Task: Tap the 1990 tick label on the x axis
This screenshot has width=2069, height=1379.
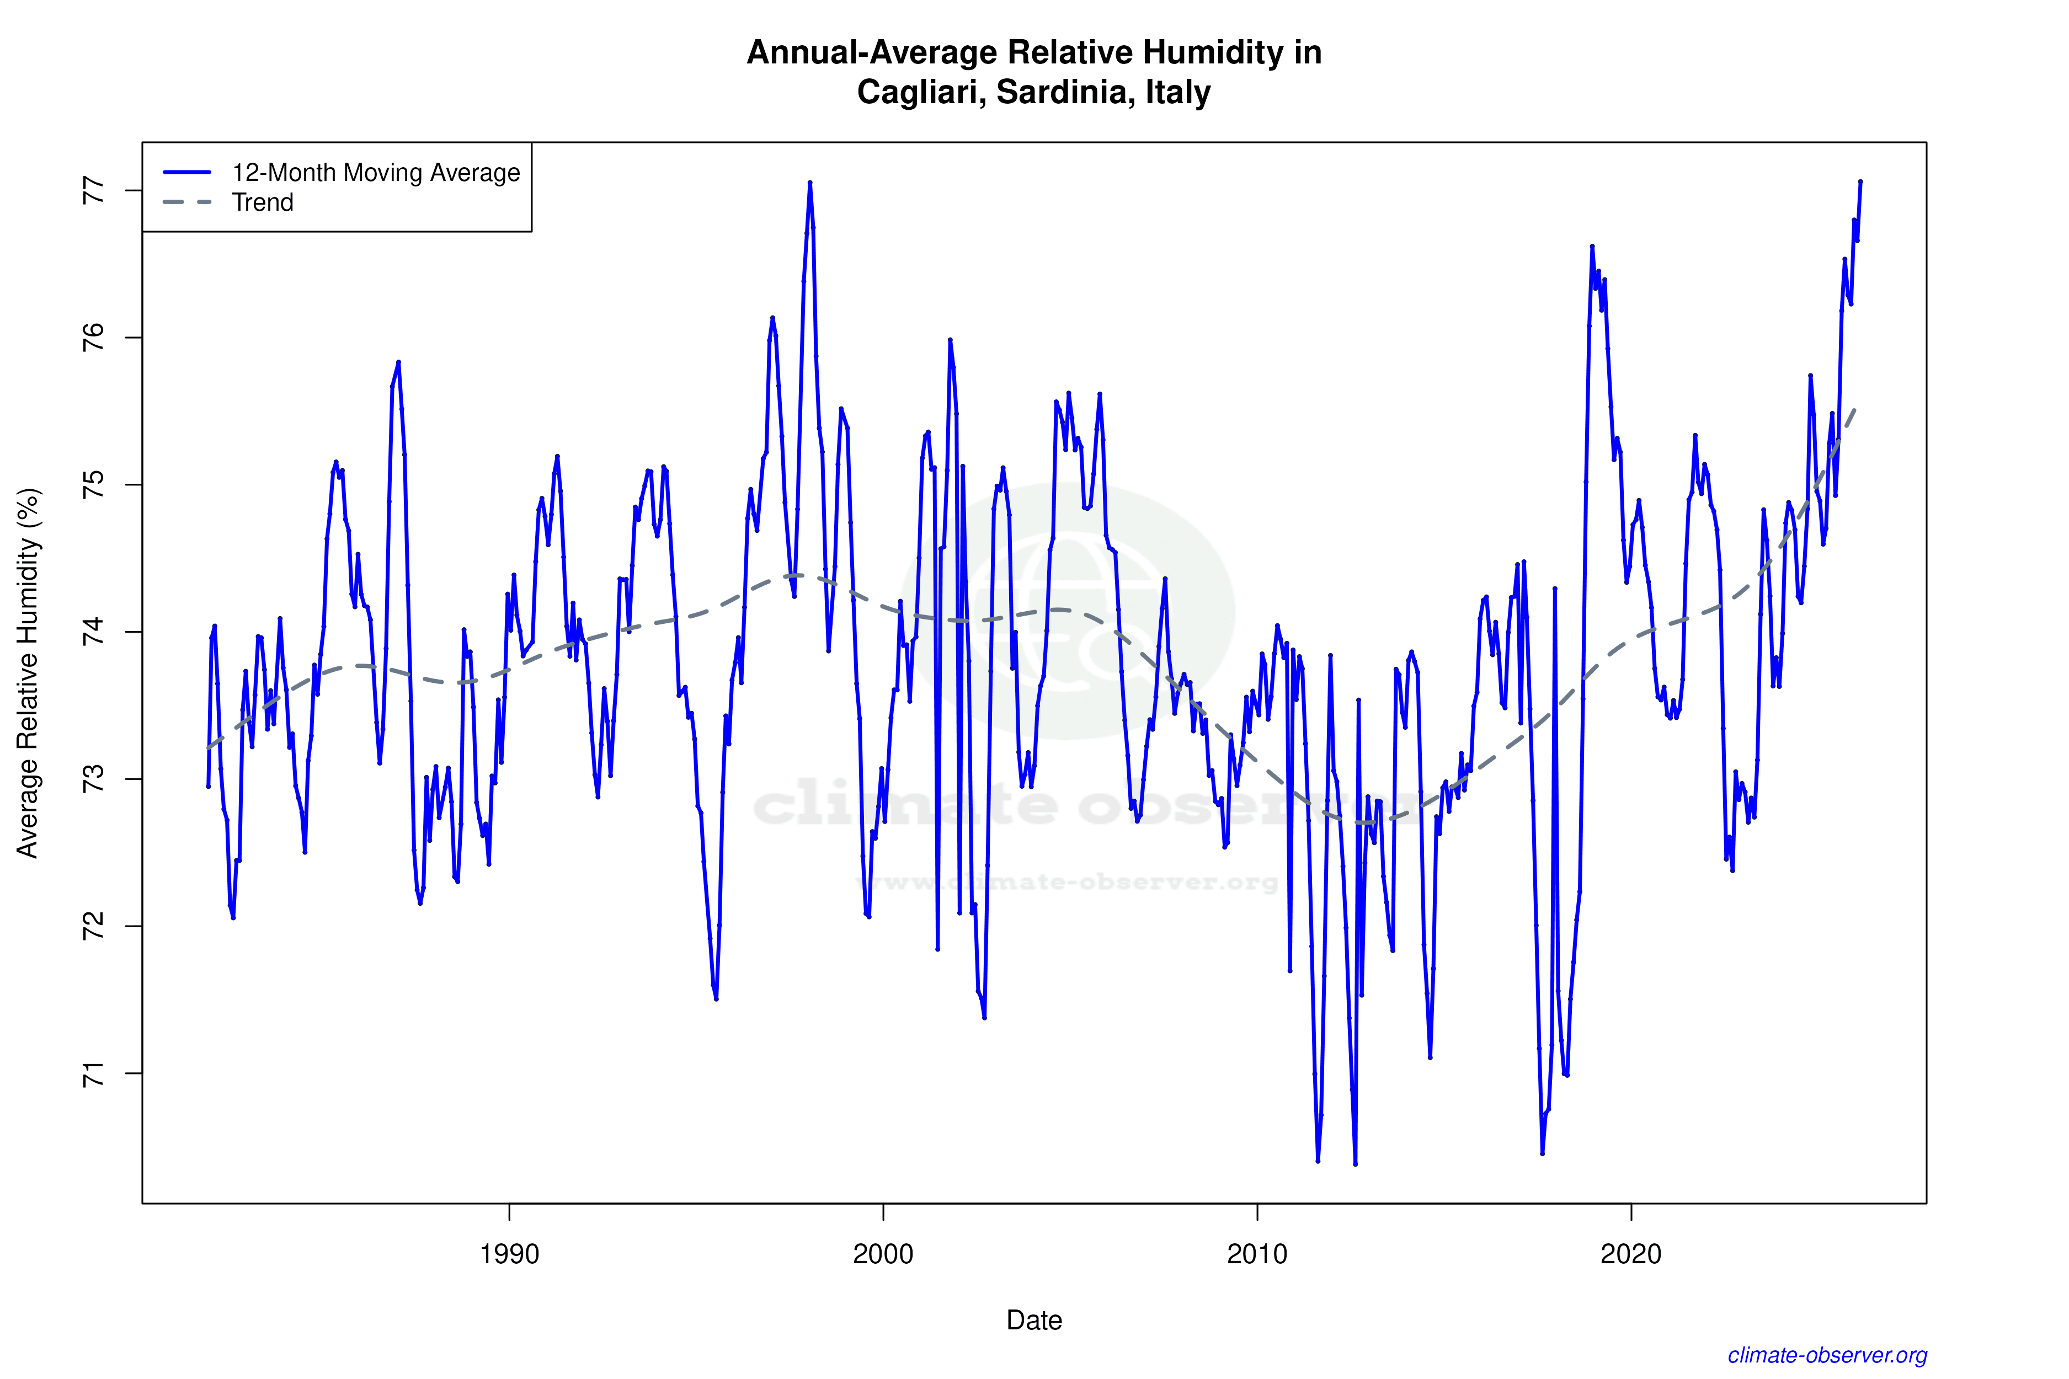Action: coord(509,1253)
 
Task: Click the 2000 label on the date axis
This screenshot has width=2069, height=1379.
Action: coord(883,1253)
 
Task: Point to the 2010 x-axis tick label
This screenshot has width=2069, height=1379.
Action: coord(1257,1253)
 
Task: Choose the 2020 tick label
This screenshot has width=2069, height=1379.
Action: coord(1631,1253)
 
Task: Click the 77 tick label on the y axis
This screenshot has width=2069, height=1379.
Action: coord(93,191)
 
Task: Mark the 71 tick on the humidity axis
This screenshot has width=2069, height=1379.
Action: coord(93,1074)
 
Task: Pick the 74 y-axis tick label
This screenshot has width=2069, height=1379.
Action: coord(93,632)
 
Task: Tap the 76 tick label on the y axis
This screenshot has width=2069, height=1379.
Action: coord(93,338)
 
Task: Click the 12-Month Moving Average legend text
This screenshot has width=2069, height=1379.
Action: coord(376,172)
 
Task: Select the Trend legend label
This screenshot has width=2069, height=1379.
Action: coord(262,202)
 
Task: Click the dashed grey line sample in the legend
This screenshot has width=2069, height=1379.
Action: coord(188,202)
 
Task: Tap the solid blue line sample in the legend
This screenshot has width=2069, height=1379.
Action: coord(188,172)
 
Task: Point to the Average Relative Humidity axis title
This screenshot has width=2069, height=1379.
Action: coord(28,673)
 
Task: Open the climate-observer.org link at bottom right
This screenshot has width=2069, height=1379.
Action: coord(1827,1355)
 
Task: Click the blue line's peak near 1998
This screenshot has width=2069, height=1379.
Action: coord(810,183)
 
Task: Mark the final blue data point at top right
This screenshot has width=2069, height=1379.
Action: coord(1860,182)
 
